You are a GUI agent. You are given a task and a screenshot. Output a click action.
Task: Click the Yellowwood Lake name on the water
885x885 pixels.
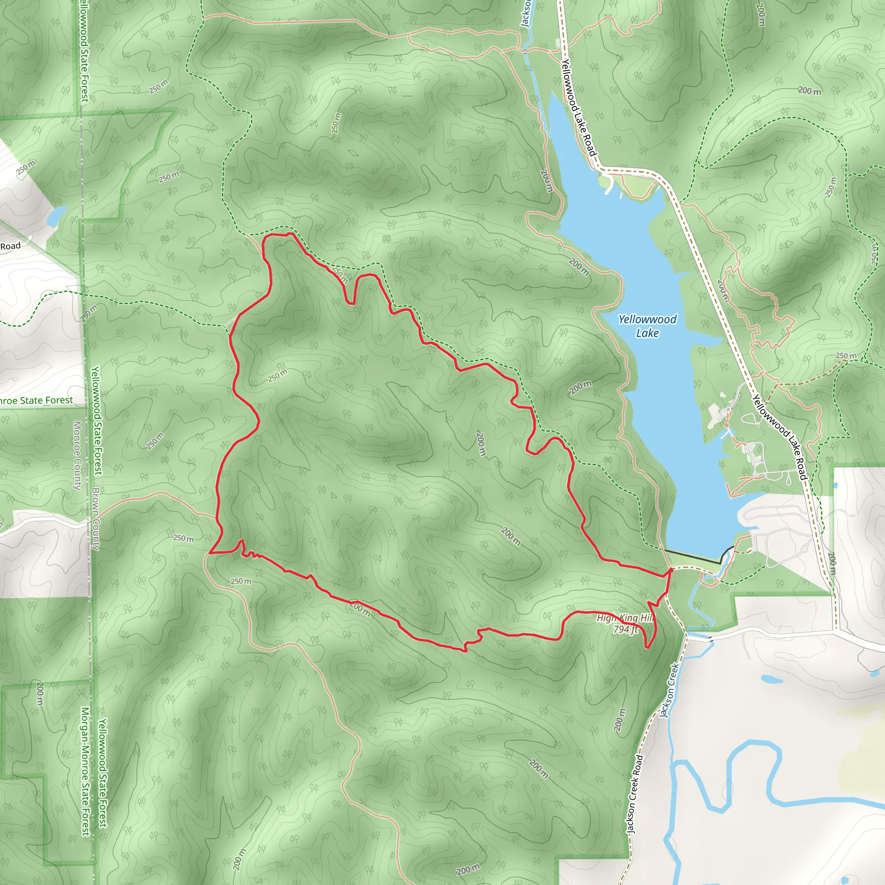(647, 326)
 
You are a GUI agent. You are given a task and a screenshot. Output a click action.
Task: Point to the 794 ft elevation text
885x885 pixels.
(626, 629)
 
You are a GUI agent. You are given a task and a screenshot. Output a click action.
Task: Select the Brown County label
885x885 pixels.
(96, 519)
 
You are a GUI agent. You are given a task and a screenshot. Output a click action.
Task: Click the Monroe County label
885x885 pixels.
(77, 455)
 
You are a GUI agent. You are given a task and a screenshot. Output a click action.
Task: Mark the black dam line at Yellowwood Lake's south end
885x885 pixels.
(696, 556)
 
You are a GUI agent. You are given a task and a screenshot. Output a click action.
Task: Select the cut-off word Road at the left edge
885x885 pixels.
(10, 246)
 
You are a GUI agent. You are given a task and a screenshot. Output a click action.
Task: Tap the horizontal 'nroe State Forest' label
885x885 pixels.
(36, 400)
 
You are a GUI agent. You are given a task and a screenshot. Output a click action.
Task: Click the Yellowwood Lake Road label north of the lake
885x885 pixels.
(579, 108)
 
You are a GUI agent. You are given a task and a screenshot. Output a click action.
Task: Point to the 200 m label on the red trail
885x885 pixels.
(360, 609)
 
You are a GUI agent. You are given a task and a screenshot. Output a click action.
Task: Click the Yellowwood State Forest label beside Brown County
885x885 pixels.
(97, 420)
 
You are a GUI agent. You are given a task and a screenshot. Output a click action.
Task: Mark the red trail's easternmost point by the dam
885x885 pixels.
(672, 569)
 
